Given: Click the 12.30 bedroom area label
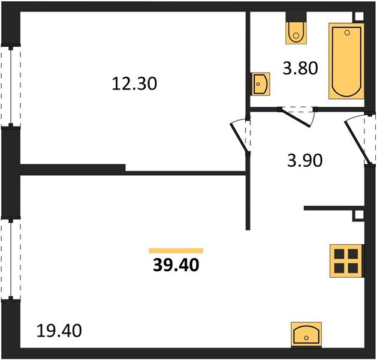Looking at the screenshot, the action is pyautogui.click(x=134, y=84).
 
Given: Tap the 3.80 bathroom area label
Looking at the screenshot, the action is pyautogui.click(x=300, y=68).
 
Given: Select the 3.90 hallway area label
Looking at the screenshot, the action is pyautogui.click(x=304, y=161).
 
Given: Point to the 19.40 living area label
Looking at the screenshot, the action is pyautogui.click(x=59, y=331).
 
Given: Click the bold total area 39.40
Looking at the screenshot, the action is pyautogui.click(x=176, y=265).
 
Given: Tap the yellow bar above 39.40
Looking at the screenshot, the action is pyautogui.click(x=176, y=251).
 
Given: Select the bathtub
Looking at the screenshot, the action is pyautogui.click(x=346, y=61).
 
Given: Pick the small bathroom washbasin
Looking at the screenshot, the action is pyautogui.click(x=260, y=84).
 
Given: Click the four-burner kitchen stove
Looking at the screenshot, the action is pyautogui.click(x=346, y=261).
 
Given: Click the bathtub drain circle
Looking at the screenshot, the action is pyautogui.click(x=347, y=33).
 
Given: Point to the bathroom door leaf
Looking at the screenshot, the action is pyautogui.click(x=295, y=118).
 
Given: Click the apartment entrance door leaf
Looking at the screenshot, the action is pyautogui.click(x=357, y=143).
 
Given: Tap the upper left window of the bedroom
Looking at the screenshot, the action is pyautogui.click(x=11, y=86).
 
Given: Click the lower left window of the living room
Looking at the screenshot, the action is pyautogui.click(x=11, y=259).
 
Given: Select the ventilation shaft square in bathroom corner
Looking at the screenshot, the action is pyautogui.click(x=359, y=17).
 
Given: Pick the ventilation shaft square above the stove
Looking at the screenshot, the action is pyautogui.click(x=358, y=215).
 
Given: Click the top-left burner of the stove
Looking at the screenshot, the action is pyautogui.click(x=339, y=254).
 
